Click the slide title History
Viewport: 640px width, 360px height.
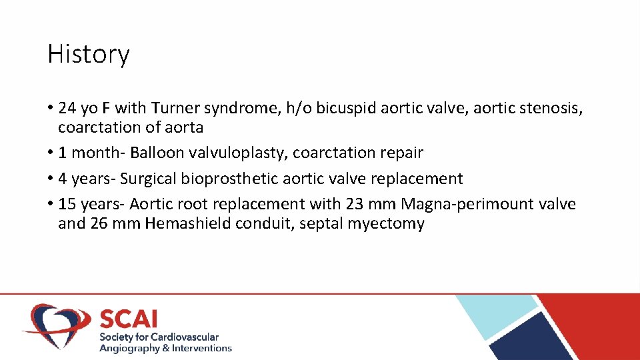click(88, 54)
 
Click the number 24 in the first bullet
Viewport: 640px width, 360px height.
click(67, 108)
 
